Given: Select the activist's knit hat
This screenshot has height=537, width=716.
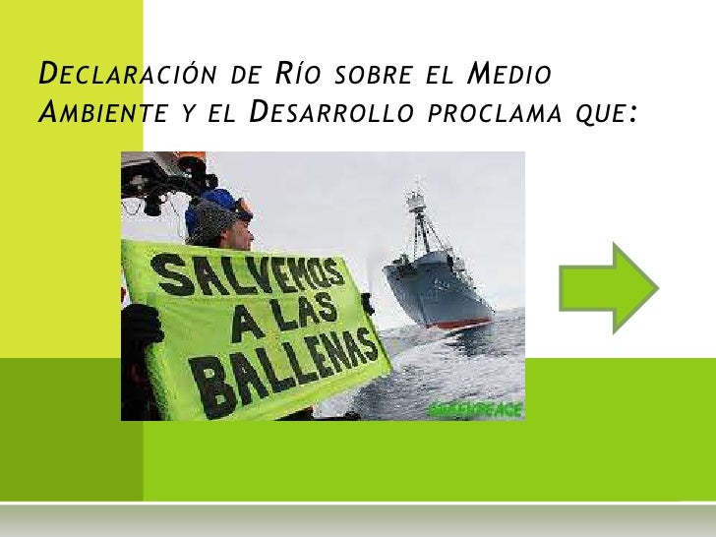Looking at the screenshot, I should pos(215,210).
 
